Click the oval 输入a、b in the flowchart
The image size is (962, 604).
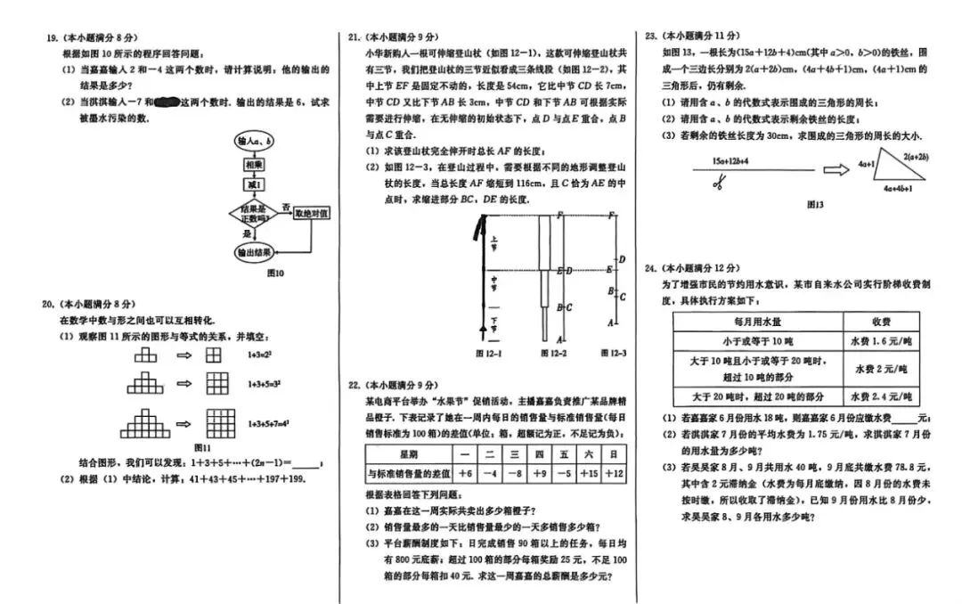pyautogui.click(x=255, y=141)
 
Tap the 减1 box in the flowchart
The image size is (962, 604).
pyautogui.click(x=253, y=185)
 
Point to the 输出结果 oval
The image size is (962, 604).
pyautogui.click(x=254, y=253)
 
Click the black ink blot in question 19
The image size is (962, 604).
pyautogui.click(x=167, y=102)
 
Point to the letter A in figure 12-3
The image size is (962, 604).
pyautogui.click(x=609, y=322)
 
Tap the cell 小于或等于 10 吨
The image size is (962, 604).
pyautogui.click(x=758, y=341)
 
